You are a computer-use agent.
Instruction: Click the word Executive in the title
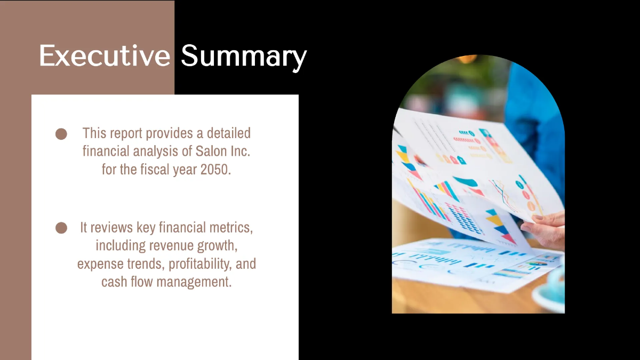point(104,56)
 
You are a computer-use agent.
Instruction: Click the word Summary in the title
point(244,56)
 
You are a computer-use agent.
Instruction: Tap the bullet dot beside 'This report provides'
point(61,134)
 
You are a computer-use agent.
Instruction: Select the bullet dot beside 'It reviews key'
point(61,228)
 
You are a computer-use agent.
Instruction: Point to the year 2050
point(215,171)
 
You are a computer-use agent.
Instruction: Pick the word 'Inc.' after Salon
point(238,152)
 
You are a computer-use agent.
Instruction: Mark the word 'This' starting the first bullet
point(94,133)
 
